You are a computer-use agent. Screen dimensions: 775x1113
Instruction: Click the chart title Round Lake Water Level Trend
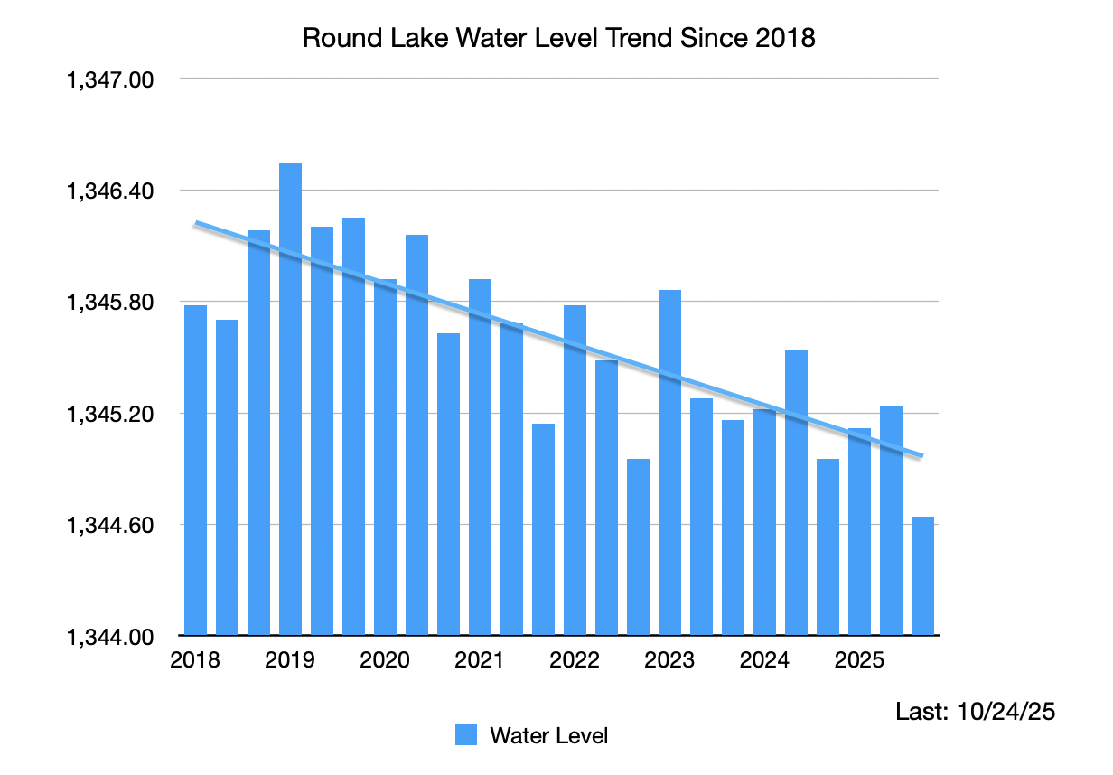(558, 38)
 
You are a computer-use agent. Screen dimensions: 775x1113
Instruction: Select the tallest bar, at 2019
(290, 397)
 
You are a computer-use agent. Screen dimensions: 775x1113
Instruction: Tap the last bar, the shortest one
(922, 576)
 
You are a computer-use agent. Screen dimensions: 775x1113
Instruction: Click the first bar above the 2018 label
(195, 470)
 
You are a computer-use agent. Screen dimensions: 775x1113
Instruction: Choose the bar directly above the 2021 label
(480, 457)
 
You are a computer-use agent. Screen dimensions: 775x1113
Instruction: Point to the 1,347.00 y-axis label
(109, 79)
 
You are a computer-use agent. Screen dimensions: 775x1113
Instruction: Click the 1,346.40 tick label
(109, 191)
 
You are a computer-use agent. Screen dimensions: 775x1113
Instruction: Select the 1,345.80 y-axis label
(109, 302)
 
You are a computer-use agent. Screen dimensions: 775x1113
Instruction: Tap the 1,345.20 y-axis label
(109, 414)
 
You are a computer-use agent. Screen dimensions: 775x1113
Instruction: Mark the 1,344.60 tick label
(109, 525)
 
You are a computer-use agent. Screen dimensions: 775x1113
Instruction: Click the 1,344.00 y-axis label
(109, 637)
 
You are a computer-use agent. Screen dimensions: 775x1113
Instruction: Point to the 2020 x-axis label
(385, 660)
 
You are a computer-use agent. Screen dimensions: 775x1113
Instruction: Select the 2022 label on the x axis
(575, 660)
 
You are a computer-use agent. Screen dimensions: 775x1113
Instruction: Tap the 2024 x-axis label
(764, 660)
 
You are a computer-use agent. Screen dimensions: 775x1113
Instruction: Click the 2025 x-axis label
(859, 660)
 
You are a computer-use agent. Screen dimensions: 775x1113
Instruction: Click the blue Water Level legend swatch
(466, 735)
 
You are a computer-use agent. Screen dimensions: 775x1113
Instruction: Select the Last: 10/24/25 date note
(975, 712)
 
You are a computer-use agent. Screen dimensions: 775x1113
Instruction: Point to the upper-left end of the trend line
(197, 223)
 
